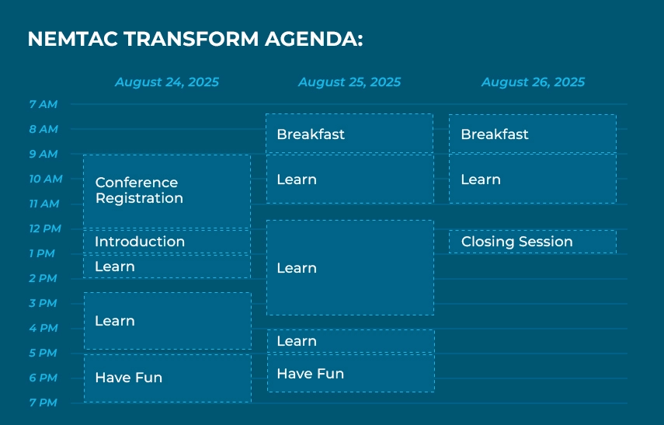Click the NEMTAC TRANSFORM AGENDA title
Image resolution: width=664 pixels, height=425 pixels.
point(195,39)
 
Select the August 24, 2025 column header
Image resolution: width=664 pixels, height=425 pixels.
point(167,82)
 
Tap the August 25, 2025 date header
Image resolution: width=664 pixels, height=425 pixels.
point(349,82)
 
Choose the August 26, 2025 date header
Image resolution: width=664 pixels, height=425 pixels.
point(533,82)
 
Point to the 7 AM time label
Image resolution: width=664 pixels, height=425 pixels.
point(43,104)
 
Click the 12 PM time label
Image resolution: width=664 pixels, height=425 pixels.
point(45,228)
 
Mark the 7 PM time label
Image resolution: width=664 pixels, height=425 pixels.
point(43,402)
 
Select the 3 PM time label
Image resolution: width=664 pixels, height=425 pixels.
point(43,303)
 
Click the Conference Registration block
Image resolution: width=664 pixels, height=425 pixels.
point(167,192)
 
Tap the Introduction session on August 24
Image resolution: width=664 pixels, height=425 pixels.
point(167,242)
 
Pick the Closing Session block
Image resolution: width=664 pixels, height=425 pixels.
point(533,242)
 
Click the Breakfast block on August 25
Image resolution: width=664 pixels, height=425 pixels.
point(349,134)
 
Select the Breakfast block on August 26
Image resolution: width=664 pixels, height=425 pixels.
point(533,134)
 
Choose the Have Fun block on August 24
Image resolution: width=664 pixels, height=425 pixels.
point(168,378)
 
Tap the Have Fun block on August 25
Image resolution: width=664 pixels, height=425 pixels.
point(350,373)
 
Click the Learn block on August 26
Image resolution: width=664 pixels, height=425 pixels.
point(533,179)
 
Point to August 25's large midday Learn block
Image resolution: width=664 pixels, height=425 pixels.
point(350,267)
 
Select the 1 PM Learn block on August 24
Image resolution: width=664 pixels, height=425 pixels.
point(167,266)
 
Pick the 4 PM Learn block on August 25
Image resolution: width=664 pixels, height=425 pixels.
point(350,341)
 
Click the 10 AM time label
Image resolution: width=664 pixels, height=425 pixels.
point(46,179)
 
